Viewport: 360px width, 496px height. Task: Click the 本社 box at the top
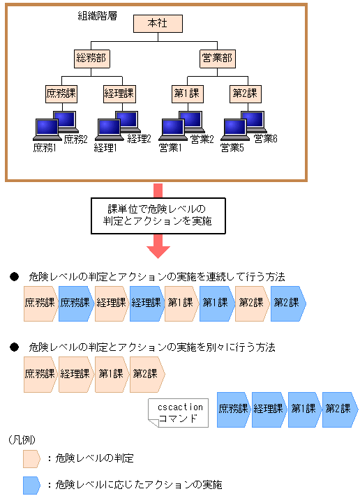point(158,24)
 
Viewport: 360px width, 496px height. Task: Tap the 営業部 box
point(217,58)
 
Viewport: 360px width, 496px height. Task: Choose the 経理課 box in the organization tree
point(119,93)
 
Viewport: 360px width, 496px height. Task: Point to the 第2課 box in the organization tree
point(245,93)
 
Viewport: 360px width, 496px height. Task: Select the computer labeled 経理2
point(126,121)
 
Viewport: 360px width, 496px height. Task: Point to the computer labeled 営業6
point(253,121)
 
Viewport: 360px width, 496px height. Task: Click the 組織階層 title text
point(97,15)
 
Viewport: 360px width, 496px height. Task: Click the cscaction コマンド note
point(179,413)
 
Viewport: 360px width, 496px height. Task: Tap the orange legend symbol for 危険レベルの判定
point(32,458)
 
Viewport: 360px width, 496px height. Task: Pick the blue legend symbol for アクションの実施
point(32,484)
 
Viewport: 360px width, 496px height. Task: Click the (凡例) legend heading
point(23,439)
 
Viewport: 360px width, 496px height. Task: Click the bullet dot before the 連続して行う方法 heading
point(13,277)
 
